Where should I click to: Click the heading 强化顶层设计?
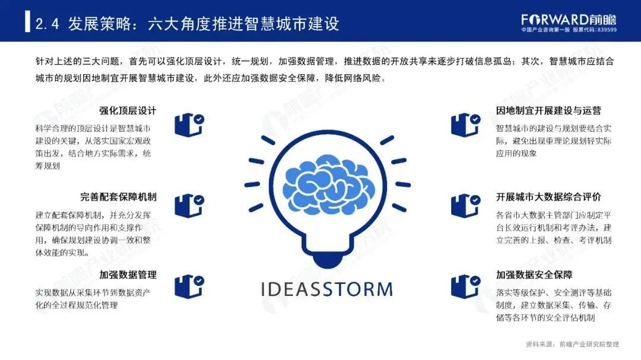(128, 111)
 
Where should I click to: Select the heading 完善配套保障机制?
(118, 197)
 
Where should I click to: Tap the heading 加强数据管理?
(128, 275)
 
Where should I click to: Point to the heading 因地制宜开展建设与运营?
(548, 111)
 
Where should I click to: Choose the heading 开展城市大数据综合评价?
(548, 197)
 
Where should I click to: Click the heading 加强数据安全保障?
(534, 275)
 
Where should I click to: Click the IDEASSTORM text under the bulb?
(326, 289)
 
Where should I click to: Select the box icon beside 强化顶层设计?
(189, 125)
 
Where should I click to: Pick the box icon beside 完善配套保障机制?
(189, 206)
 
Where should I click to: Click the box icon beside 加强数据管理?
(189, 286)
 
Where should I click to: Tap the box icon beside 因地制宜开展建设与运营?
(466, 125)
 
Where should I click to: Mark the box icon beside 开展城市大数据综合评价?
(466, 206)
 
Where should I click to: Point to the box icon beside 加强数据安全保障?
(466, 286)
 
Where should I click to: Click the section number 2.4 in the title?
(47, 24)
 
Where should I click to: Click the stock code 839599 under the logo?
(607, 30)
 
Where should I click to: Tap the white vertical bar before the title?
(27, 22)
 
